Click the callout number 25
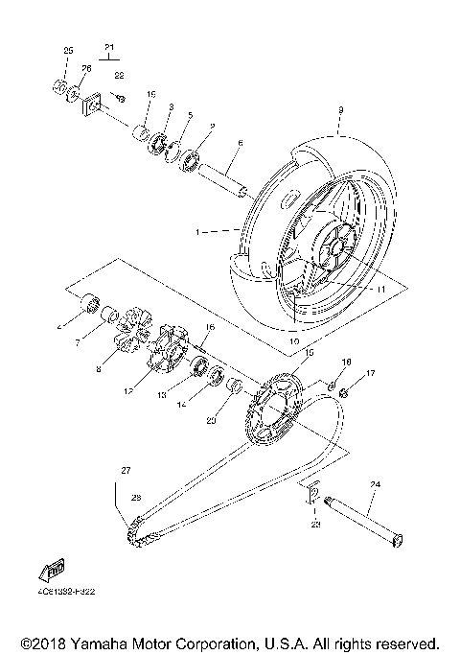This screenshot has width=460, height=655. click(68, 50)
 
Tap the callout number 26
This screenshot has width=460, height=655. click(85, 68)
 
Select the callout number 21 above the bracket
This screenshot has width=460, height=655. click(108, 47)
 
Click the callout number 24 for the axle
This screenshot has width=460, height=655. click(376, 484)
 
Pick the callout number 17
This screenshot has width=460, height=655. click(370, 373)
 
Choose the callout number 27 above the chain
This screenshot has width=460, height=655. click(124, 469)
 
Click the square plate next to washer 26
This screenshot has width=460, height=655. click(93, 105)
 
